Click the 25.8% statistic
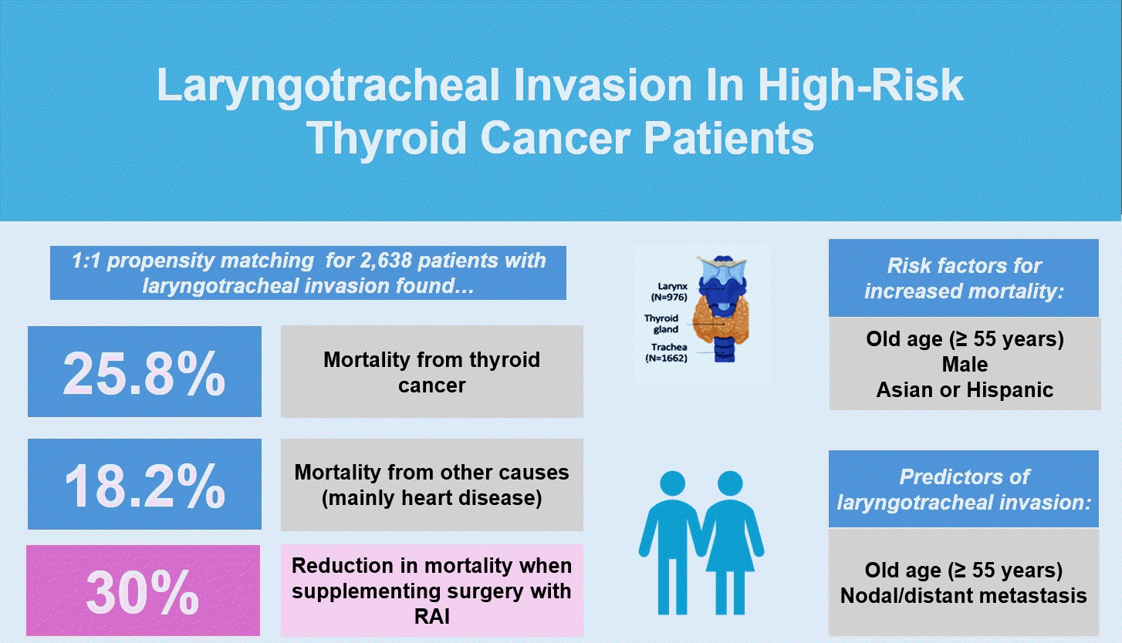pos(144,373)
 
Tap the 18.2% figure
pos(145,486)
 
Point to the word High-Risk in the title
pos(860,85)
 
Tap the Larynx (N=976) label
pos(669,291)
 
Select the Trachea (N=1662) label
pos(666,352)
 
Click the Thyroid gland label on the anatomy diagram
pos(661,323)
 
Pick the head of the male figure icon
pos(672,484)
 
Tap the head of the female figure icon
pos(730,484)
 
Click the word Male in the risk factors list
pos(965,364)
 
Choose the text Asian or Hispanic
pos(965,390)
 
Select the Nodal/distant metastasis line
pos(964,595)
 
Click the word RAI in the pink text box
pos(432,617)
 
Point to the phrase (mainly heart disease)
pos(432,498)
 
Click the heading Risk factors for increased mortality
pos(965,278)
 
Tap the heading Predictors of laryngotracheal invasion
pos(964,490)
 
